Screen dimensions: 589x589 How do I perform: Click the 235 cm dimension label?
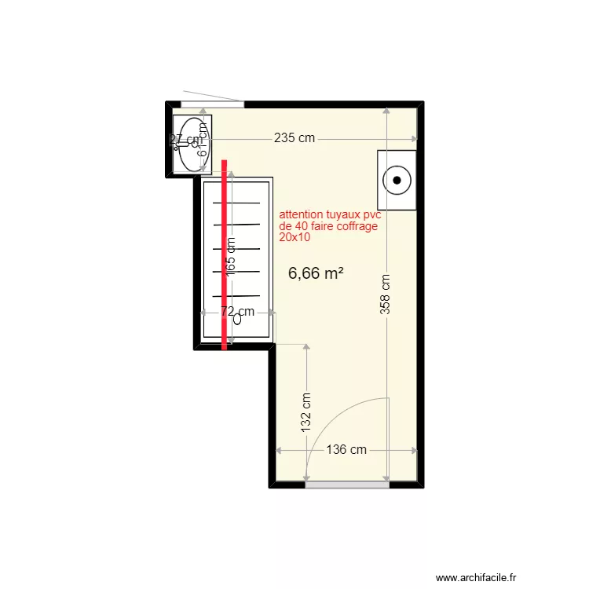(294, 138)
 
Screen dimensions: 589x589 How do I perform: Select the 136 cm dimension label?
(346, 450)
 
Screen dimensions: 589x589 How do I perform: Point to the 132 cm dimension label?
(306, 412)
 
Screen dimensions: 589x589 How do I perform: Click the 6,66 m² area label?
(316, 273)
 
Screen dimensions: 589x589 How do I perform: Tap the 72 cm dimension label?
(237, 312)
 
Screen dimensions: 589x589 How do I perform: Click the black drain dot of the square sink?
(398, 180)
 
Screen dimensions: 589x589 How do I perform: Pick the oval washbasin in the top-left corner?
(191, 144)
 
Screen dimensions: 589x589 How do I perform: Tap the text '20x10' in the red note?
(294, 236)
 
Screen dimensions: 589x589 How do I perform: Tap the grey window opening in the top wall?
(212, 104)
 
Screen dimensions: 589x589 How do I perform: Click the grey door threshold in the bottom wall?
(347, 485)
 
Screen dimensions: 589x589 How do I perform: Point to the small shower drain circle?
(236, 320)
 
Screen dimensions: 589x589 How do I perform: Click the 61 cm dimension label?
(203, 140)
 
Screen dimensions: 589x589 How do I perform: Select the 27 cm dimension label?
(185, 139)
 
